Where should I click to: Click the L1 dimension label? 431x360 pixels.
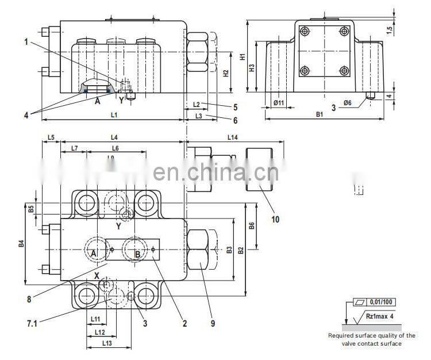(x=114, y=114)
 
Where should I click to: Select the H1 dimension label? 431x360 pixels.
(x=244, y=56)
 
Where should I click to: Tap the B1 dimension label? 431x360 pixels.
(x=320, y=114)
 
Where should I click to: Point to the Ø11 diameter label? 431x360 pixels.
(x=279, y=102)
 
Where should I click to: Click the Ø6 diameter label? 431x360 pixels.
(x=348, y=102)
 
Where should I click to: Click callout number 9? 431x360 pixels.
(x=213, y=323)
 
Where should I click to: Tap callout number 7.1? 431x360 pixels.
(x=32, y=323)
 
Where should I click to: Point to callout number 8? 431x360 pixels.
(x=29, y=298)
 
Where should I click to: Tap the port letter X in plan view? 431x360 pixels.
(x=97, y=275)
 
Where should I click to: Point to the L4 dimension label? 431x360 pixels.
(x=114, y=137)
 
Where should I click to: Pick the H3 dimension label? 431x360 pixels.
(x=252, y=67)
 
